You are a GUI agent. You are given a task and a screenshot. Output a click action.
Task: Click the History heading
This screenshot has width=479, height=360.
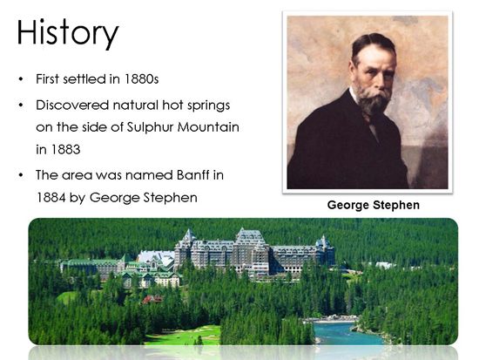point(68,33)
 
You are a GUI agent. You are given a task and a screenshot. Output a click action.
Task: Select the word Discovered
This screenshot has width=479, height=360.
point(72,105)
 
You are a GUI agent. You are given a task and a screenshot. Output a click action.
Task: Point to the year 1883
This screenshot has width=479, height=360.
point(65,150)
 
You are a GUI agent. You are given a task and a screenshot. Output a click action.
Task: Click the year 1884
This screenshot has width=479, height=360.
point(51,198)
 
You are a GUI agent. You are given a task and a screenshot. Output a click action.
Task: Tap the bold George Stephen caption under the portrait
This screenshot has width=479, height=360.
point(374,205)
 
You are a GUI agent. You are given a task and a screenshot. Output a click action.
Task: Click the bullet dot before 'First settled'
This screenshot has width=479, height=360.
point(21,79)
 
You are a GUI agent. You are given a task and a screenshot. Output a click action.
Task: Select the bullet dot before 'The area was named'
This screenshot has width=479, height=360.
point(21,175)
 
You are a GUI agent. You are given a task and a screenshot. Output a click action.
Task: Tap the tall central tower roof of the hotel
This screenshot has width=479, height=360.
point(250,236)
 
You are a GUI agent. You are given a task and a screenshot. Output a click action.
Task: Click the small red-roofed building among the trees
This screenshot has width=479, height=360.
point(152,300)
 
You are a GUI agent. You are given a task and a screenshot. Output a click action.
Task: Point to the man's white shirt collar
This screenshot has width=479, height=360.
point(355,95)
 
